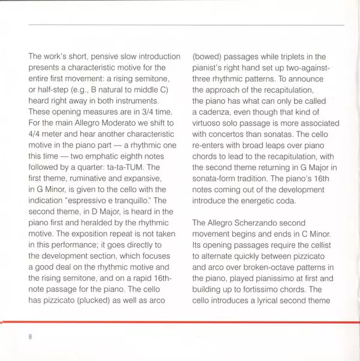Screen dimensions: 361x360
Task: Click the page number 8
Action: pyautogui.click(x=29, y=336)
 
